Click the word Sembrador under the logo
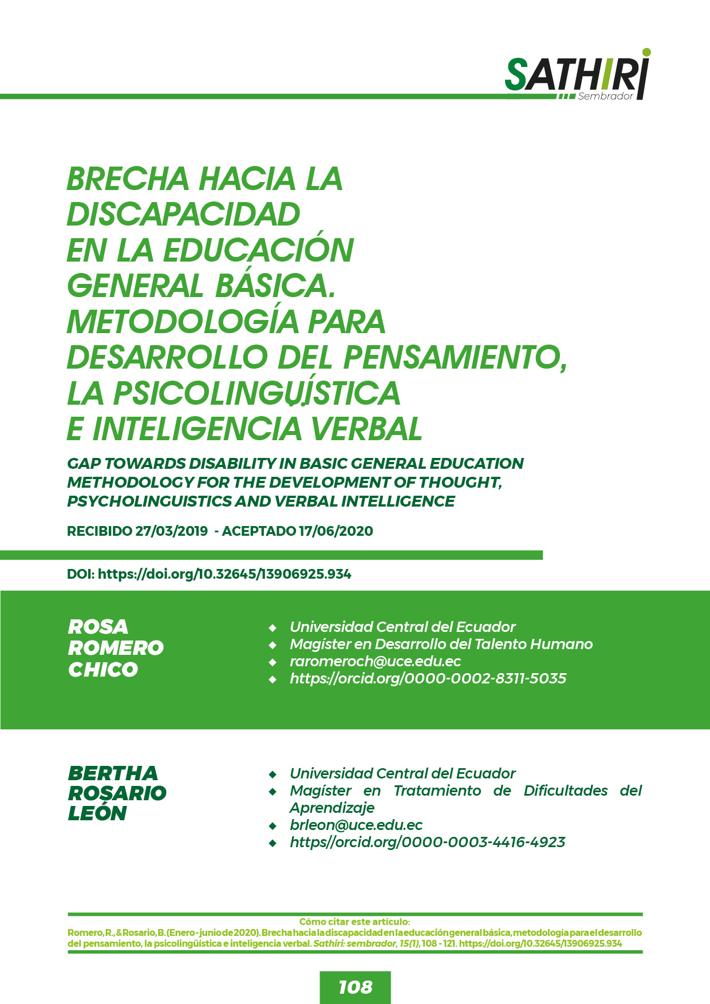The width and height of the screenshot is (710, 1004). tap(605, 96)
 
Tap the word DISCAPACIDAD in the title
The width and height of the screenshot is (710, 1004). tap(183, 215)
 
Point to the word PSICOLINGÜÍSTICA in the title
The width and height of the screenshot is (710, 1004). tap(257, 393)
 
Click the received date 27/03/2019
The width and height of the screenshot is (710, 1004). tap(171, 531)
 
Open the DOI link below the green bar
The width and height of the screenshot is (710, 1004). tap(224, 574)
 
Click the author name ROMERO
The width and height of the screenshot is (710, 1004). tap(116, 648)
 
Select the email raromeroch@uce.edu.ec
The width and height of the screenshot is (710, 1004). tap(375, 662)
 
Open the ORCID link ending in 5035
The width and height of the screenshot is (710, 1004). tap(428, 679)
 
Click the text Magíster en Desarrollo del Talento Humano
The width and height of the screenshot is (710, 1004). tap(441, 645)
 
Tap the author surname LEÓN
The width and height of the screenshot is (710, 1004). tap(97, 813)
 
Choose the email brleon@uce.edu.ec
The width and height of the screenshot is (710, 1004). tap(356, 825)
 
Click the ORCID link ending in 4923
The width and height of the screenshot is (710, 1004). tap(427, 843)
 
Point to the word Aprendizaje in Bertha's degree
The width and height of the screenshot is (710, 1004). tap(332, 808)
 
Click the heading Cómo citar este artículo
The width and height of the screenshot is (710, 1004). tap(354, 922)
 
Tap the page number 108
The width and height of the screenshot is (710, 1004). tap(355, 987)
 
